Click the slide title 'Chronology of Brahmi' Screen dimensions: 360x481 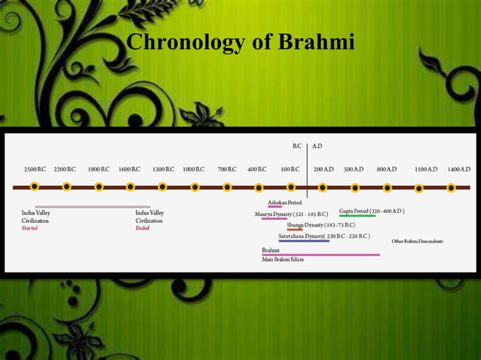click(240, 42)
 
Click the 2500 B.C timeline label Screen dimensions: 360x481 click(35, 169)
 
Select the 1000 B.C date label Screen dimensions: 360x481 click(195, 169)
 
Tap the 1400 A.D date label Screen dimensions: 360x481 click(458, 169)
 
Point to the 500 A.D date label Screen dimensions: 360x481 click(354, 169)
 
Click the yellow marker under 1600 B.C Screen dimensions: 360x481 click(130, 187)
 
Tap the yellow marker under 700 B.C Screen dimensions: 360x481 click(227, 187)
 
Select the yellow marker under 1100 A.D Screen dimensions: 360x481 click(418, 188)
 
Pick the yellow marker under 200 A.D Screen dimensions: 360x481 click(323, 187)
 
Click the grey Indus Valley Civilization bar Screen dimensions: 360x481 click(92, 206)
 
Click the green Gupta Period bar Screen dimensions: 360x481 click(357, 217)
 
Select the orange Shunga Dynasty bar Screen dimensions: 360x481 click(294, 230)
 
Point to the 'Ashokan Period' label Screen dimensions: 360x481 click(284, 203)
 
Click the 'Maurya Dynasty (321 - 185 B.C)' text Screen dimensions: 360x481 click(290, 214)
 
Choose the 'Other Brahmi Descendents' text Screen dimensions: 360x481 click(417, 241)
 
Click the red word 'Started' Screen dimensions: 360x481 click(29, 228)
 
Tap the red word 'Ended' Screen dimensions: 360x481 click(142, 228)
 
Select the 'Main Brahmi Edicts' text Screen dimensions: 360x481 click(283, 259)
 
